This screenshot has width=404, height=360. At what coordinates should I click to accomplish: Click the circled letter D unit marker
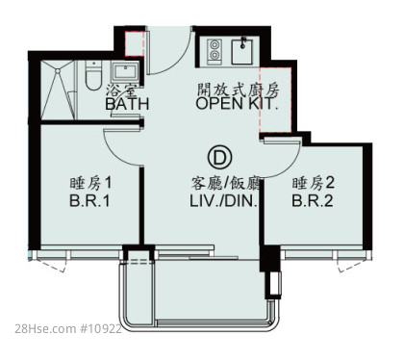click(219, 157)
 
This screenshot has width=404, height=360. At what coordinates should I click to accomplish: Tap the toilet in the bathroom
click(93, 75)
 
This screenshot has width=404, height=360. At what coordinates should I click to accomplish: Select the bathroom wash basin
click(125, 72)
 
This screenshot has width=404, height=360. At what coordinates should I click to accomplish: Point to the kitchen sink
click(242, 51)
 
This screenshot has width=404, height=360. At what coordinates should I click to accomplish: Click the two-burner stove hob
click(214, 50)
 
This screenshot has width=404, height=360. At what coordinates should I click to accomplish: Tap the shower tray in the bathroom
click(58, 90)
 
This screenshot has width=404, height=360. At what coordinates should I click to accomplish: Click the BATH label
click(127, 104)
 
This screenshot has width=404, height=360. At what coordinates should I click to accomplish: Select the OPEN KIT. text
click(237, 103)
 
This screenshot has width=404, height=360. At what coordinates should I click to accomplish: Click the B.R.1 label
click(89, 201)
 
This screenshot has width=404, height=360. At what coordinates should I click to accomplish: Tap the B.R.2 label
click(313, 201)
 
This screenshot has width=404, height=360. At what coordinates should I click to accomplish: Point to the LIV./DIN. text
click(224, 201)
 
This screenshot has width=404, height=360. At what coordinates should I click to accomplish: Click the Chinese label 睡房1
click(90, 184)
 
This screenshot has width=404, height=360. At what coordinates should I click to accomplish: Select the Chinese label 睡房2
click(313, 183)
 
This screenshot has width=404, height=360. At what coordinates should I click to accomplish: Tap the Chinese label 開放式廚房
click(239, 90)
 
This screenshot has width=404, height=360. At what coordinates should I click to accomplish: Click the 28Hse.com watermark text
click(68, 329)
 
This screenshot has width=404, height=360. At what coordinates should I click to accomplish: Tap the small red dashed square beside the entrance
click(133, 43)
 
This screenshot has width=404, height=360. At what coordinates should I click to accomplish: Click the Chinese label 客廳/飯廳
click(225, 184)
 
